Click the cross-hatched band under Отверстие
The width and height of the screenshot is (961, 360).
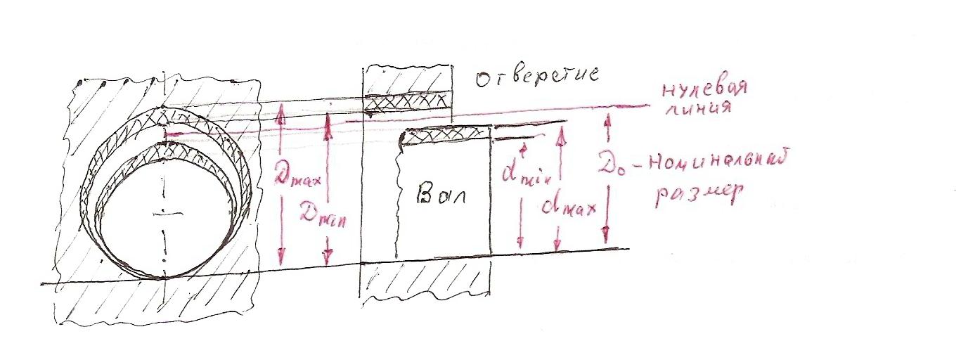(406, 104)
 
